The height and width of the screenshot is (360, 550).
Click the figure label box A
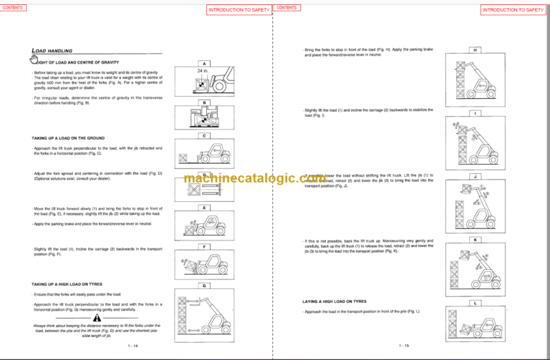click(x=205, y=64)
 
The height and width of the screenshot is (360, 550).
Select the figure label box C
click(x=205, y=135)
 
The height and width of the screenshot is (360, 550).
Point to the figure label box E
click(x=205, y=208)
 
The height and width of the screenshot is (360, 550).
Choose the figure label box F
click(x=205, y=246)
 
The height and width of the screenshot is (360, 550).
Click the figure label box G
click(x=205, y=284)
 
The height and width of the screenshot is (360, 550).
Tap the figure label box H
click(x=476, y=51)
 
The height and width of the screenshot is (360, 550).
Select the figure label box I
click(x=476, y=113)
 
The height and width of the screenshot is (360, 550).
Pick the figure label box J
click(x=476, y=176)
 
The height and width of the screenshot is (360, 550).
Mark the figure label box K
click(x=476, y=240)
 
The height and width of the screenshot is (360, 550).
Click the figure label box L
click(x=476, y=303)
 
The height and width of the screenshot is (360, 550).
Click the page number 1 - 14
click(x=132, y=346)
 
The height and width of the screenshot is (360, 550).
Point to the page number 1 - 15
click(x=403, y=346)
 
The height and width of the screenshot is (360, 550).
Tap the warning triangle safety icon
click(x=96, y=317)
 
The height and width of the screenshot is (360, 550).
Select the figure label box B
click(x=205, y=102)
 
